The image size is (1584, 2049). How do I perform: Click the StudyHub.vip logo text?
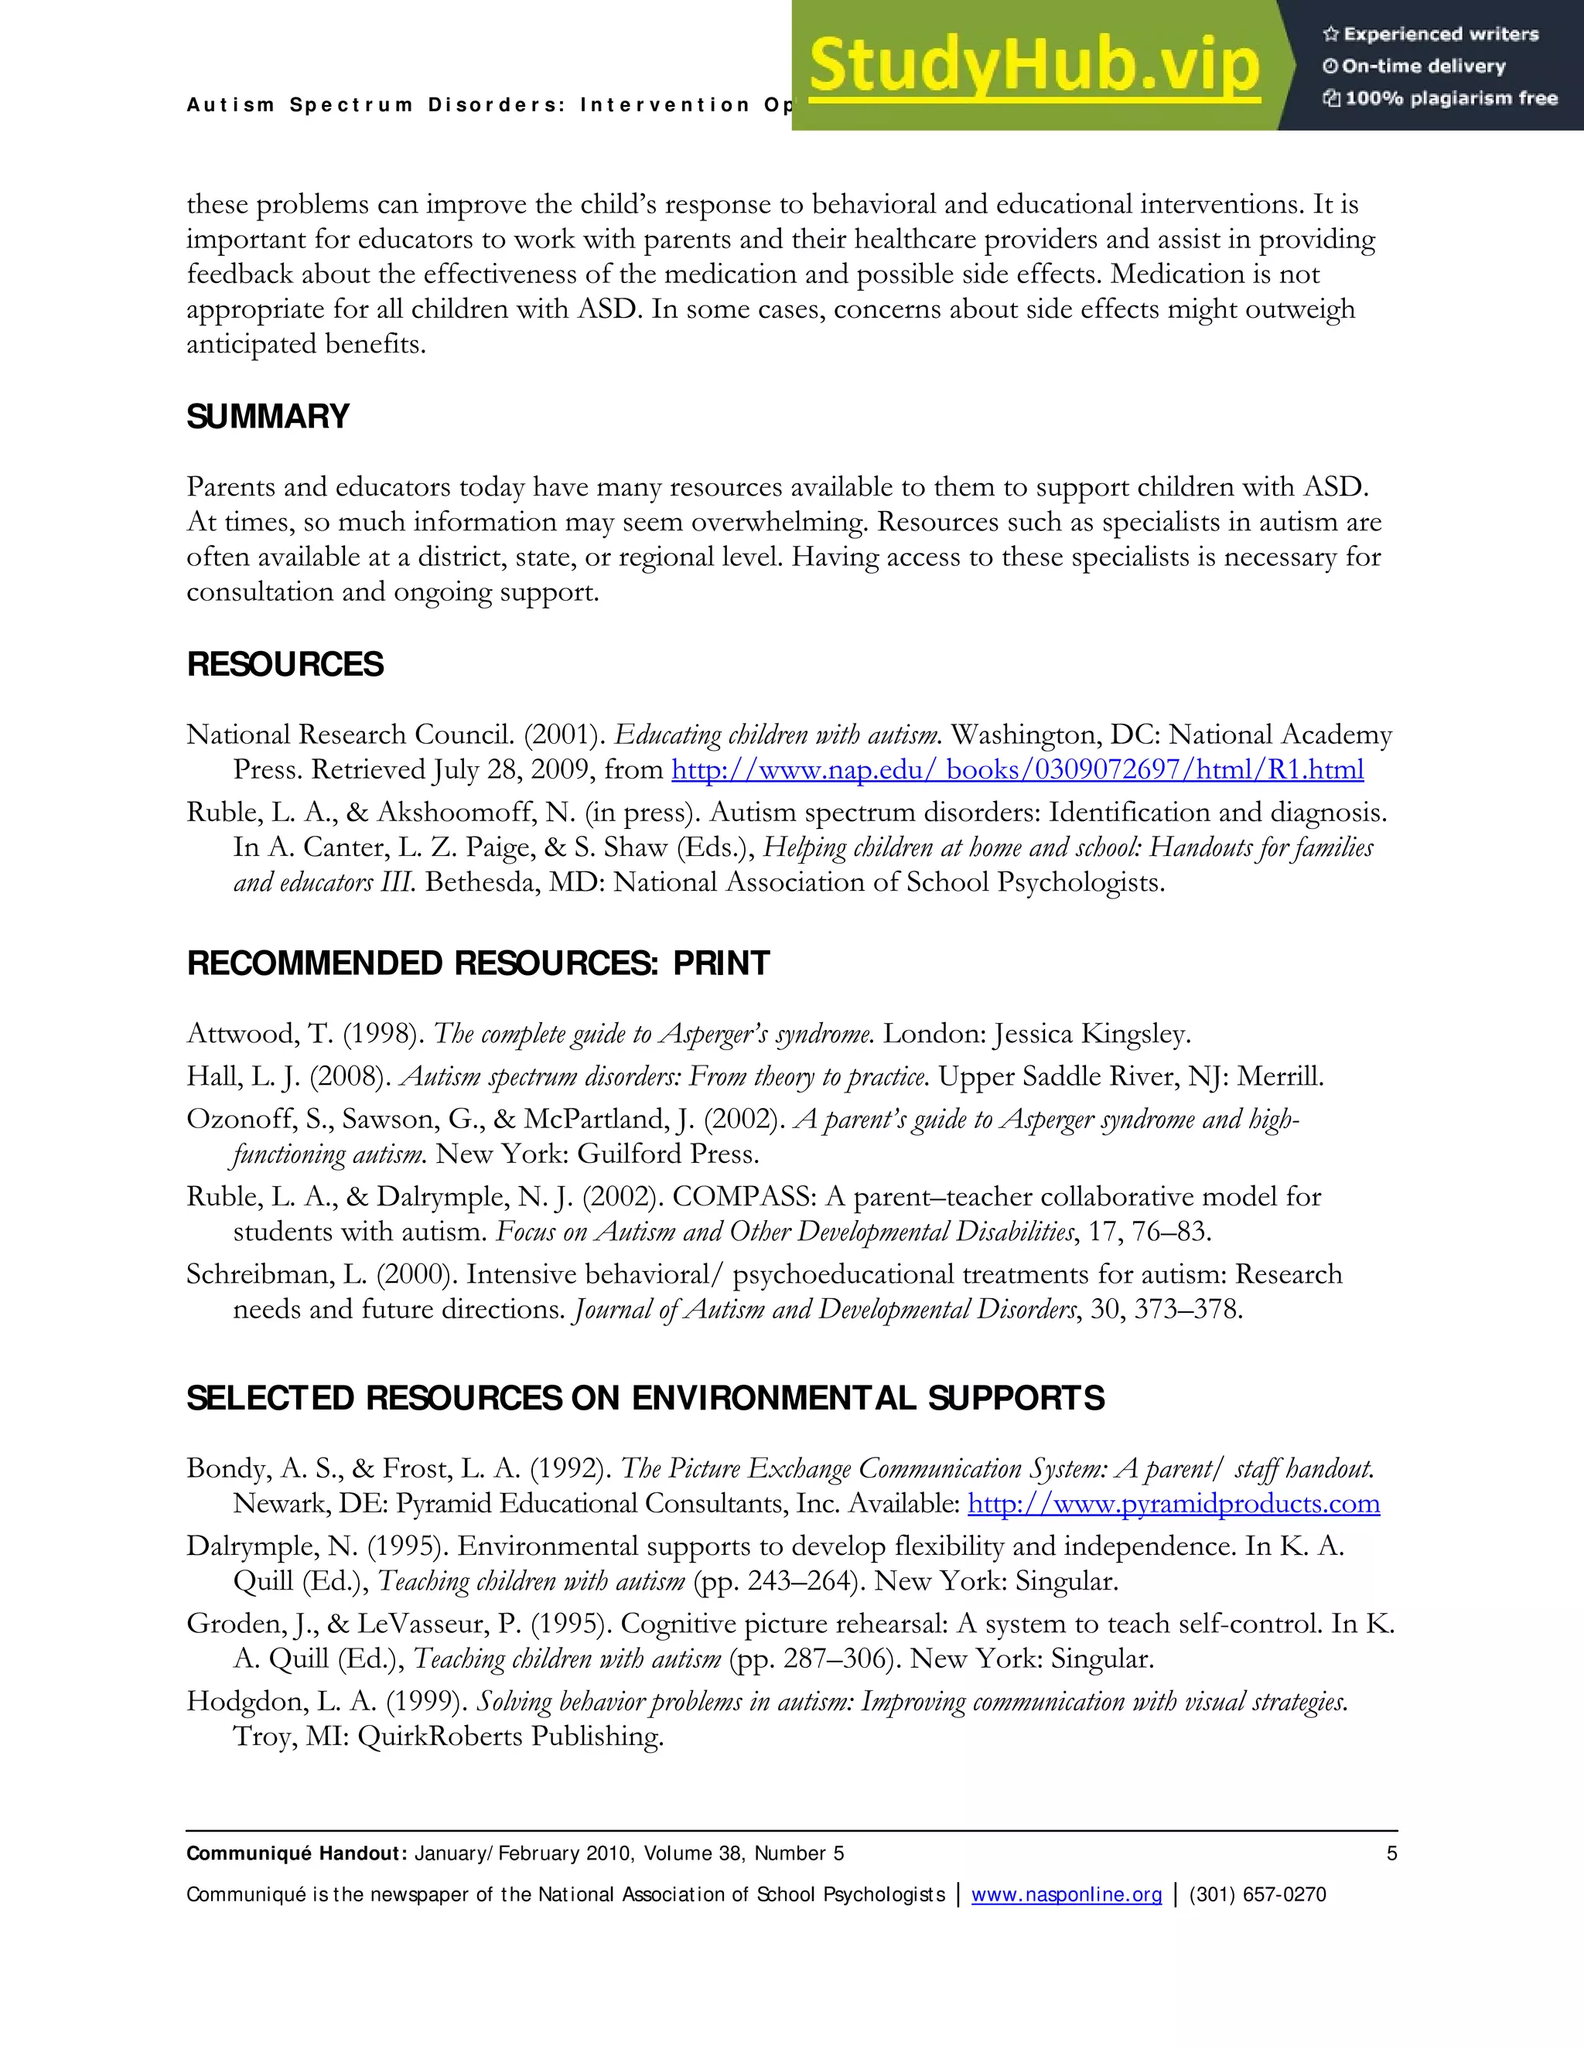(1033, 66)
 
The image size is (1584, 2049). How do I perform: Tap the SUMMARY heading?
(268, 417)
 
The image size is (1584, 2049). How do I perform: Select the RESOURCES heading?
(285, 664)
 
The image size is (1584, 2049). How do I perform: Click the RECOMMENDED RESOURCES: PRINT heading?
(478, 963)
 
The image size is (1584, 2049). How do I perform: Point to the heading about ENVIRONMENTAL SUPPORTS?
(645, 1398)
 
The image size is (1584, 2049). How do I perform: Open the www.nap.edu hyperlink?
(1017, 770)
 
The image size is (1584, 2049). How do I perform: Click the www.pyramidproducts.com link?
(1173, 1504)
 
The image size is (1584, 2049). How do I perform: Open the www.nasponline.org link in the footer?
(1066, 1894)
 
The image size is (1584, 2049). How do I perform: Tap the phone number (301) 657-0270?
(1258, 1894)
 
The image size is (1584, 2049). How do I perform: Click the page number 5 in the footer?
(1391, 1853)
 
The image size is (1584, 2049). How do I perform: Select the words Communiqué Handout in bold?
(295, 1853)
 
